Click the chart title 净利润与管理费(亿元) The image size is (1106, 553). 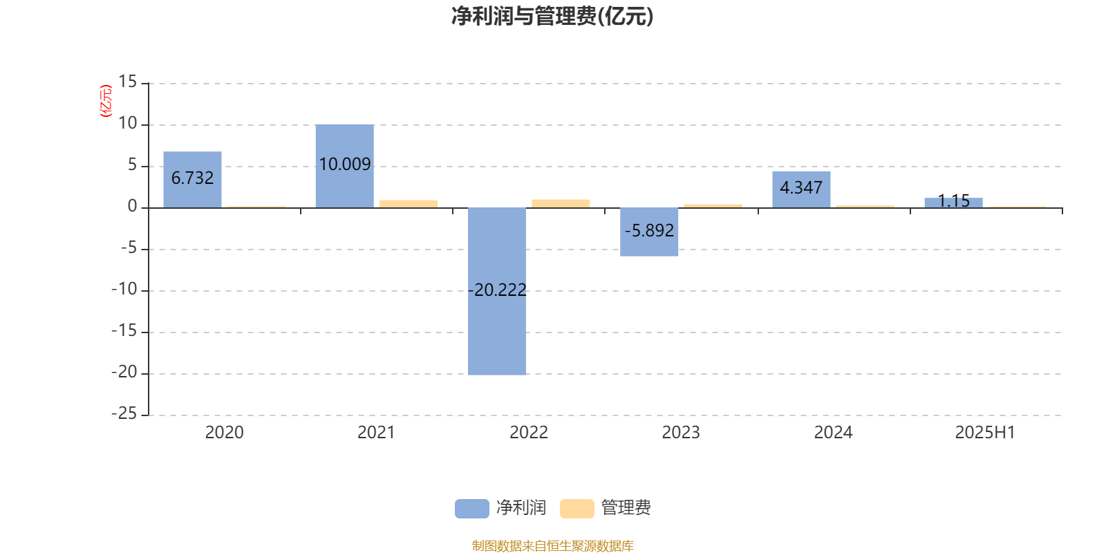click(552, 17)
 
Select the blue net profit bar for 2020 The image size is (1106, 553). click(193, 180)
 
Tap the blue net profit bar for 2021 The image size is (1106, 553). click(345, 166)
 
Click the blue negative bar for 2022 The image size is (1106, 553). click(497, 291)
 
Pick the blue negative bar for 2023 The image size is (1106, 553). click(649, 232)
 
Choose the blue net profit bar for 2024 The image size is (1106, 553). click(801, 189)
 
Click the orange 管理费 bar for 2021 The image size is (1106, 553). click(409, 204)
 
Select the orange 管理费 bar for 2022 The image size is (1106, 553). click(561, 203)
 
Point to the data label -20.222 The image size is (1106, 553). click(497, 290)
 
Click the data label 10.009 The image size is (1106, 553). click(345, 164)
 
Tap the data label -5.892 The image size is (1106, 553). click(649, 231)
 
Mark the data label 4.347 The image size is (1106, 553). click(801, 187)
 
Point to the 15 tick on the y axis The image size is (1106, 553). click(127, 82)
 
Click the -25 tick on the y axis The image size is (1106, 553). click(124, 414)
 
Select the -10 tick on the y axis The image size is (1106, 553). click(124, 290)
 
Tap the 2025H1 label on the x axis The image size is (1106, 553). click(985, 433)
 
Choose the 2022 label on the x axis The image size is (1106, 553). click(529, 433)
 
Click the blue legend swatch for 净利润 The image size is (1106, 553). click(472, 509)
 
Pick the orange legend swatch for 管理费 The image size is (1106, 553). click(577, 509)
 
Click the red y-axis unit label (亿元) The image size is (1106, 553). click(106, 101)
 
